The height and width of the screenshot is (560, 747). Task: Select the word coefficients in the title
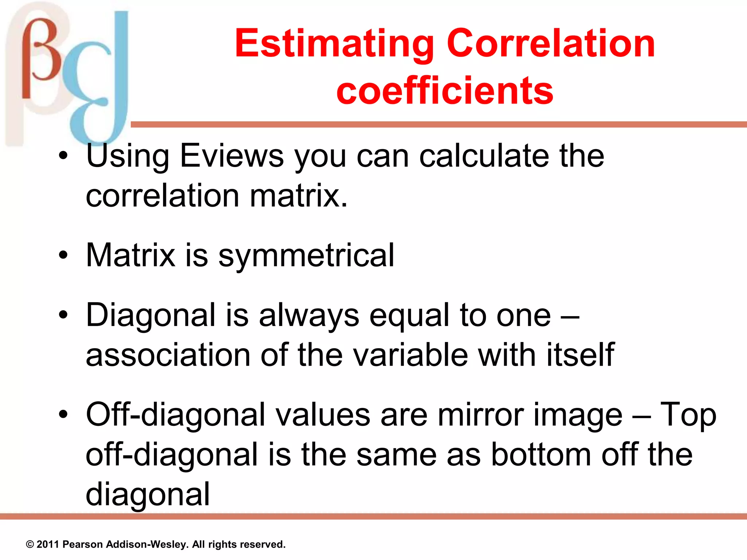(445, 90)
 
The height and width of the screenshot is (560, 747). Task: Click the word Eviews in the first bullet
(232, 156)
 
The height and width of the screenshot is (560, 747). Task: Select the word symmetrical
(306, 255)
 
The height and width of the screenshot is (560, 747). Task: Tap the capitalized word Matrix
(130, 255)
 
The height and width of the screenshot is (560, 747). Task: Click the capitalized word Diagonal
(151, 315)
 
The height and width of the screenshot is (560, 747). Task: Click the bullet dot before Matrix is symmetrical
(63, 255)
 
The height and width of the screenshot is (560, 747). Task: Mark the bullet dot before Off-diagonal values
(63, 415)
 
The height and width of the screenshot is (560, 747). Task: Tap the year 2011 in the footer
(48, 544)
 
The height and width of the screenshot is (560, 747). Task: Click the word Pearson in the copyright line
(83, 544)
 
